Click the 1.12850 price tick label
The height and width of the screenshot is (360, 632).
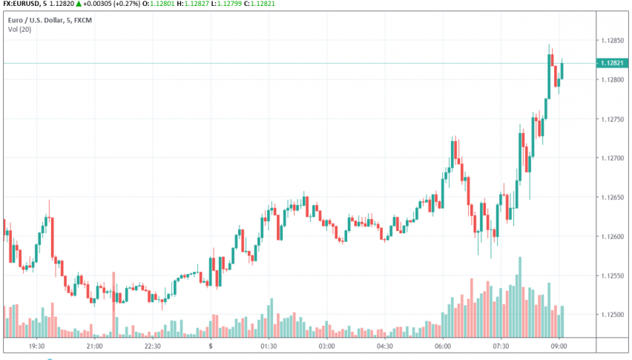click(613, 40)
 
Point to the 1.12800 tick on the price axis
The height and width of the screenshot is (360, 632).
click(613, 79)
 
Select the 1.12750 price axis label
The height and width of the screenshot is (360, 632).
click(613, 119)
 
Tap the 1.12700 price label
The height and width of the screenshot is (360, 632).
click(613, 158)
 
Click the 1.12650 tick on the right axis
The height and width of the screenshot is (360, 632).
click(613, 197)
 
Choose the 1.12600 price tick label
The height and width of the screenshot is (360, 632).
click(613, 237)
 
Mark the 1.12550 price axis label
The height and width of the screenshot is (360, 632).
click(613, 275)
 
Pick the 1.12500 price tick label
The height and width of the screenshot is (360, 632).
click(613, 315)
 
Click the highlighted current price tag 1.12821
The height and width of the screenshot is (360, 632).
click(613, 64)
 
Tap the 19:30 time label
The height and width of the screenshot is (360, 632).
click(36, 346)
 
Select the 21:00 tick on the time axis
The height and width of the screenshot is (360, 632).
click(94, 346)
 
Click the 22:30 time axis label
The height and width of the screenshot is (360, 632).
click(152, 346)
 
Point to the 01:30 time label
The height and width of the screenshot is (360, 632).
click(269, 346)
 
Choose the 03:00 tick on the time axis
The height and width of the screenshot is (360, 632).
click(326, 346)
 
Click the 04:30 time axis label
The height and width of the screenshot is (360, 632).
click(384, 346)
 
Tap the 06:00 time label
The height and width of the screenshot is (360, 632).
click(443, 346)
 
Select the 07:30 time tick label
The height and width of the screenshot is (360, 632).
click(501, 346)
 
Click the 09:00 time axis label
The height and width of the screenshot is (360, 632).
click(559, 346)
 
